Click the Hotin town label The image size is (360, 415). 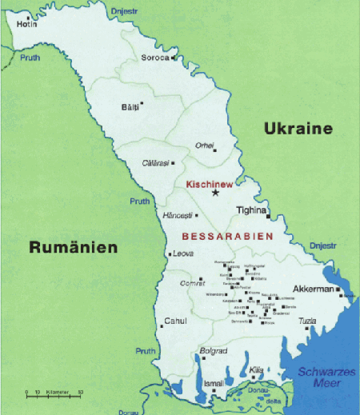coord(27,24)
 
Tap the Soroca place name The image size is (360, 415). coord(154,58)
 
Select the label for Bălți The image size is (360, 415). coord(129,106)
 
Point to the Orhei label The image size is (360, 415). coord(206,145)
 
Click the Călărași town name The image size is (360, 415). coord(156,162)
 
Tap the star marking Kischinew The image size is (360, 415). coord(214,193)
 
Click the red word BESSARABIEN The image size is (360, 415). coord(228,237)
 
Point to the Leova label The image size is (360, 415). coord(184,254)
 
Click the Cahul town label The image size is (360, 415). coord(174,321)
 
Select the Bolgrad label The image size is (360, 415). coord(214,351)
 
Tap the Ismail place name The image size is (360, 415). coord(214,384)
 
